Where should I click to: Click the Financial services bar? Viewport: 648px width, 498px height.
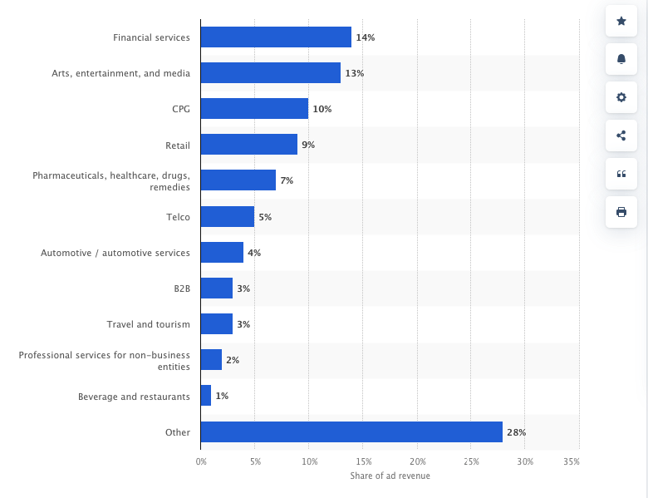click(276, 37)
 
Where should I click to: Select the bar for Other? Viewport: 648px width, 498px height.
click(351, 432)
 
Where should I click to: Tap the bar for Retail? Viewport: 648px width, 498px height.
click(248, 145)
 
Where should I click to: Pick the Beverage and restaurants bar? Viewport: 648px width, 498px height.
click(206, 397)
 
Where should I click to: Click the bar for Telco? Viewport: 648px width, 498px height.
click(227, 217)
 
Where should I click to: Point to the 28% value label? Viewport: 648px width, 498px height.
click(516, 432)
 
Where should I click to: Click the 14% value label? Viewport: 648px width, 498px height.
click(365, 37)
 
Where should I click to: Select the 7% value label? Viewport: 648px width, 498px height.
click(287, 180)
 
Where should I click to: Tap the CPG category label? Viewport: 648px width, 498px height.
click(180, 109)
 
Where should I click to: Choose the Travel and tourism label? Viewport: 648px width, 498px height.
click(148, 324)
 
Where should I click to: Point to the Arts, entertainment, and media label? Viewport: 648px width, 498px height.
click(120, 73)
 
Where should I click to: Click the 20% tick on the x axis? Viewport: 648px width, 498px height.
click(417, 461)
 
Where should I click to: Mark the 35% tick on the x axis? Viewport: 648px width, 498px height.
click(572, 461)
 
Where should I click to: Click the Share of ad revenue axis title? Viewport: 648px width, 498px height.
click(390, 476)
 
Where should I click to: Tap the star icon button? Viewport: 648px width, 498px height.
click(621, 21)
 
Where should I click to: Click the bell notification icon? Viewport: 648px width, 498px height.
click(621, 59)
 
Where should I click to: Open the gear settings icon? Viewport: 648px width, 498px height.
click(621, 97)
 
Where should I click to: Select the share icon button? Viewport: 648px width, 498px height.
click(621, 136)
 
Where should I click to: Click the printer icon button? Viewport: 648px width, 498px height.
click(621, 212)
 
